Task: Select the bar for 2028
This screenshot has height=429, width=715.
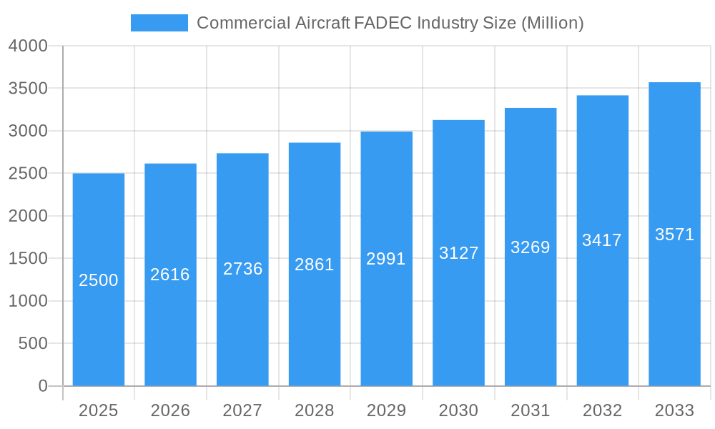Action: (315, 322)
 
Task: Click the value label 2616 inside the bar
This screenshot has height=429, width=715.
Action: (170, 275)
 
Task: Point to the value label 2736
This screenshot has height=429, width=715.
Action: (242, 269)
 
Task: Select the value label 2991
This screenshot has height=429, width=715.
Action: (386, 259)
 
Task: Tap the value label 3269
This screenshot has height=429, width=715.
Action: (531, 247)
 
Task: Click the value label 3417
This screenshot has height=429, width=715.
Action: (602, 240)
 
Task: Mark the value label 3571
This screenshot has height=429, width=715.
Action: (674, 235)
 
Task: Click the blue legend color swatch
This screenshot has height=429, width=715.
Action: (159, 23)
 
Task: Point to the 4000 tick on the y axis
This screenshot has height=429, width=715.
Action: (28, 46)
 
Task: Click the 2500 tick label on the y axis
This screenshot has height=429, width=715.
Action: (28, 174)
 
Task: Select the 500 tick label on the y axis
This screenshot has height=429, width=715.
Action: (33, 344)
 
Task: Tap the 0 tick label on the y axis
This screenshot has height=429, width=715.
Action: (43, 386)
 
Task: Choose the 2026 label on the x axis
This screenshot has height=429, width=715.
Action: (170, 410)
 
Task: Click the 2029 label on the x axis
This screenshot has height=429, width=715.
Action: (386, 410)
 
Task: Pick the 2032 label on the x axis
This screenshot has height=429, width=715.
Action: (602, 410)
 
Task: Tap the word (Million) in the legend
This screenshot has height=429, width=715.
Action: (552, 23)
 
